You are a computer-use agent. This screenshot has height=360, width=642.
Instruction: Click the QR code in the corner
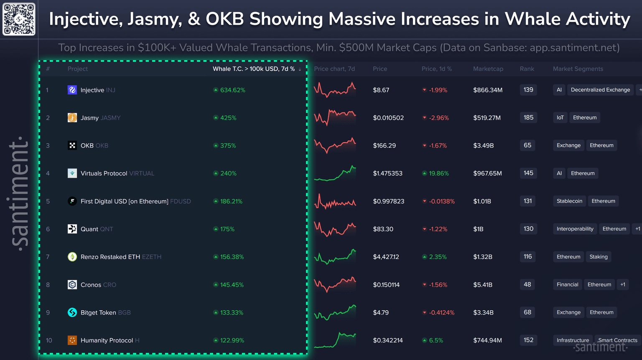[x=19, y=19]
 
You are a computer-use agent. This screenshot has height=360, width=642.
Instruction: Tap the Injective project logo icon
[x=72, y=90]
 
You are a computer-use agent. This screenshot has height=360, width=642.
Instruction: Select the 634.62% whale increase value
[x=232, y=90]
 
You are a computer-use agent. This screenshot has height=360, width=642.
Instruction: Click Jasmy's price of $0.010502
[x=388, y=118]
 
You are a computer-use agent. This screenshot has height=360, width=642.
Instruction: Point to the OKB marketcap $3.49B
[x=483, y=146]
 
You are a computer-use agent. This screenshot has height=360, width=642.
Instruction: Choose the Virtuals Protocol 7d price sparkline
[x=335, y=173]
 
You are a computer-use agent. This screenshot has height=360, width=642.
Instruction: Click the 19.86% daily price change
[x=438, y=173]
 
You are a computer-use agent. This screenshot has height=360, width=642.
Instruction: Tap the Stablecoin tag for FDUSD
[x=569, y=201]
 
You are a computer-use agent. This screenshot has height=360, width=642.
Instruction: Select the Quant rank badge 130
[x=528, y=229]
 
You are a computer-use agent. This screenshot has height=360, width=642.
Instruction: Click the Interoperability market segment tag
[x=575, y=229]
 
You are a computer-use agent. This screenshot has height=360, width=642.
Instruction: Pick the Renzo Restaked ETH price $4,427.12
[x=386, y=257]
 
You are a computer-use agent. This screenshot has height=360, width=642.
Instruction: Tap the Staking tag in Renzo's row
[x=599, y=257]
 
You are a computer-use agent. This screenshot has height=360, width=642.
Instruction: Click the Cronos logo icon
[x=72, y=285]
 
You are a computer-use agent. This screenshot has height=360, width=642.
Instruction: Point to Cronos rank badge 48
[x=527, y=284]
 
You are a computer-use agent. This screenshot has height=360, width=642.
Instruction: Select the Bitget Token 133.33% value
[x=232, y=312]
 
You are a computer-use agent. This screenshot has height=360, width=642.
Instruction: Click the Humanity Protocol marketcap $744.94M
[x=487, y=340]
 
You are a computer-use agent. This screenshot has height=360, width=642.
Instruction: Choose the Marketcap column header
[x=488, y=69]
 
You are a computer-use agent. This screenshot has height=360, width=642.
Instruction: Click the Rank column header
[x=527, y=69]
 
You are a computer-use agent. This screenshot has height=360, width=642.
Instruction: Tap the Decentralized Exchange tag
[x=600, y=89]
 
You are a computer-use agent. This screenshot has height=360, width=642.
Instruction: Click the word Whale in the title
[x=531, y=19]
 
